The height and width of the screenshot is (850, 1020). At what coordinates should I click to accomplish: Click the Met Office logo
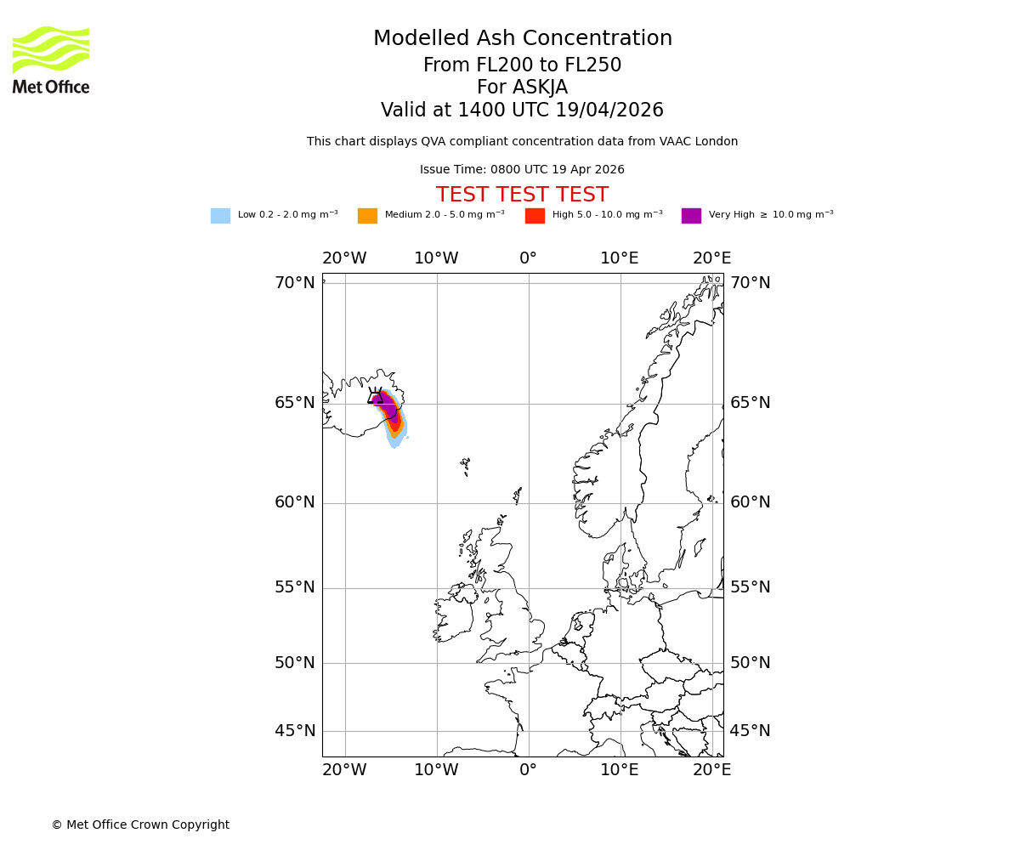[x=51, y=59]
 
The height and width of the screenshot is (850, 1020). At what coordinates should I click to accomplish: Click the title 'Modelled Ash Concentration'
[x=523, y=39]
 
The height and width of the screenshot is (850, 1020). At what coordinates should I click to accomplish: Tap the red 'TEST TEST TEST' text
[x=522, y=195]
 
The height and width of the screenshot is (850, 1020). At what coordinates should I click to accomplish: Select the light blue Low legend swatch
[x=220, y=216]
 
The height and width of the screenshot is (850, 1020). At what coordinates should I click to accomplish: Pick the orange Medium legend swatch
[x=367, y=216]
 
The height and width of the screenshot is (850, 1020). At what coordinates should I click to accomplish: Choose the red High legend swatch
[x=535, y=216]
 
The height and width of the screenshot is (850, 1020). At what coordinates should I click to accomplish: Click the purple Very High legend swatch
[x=691, y=216]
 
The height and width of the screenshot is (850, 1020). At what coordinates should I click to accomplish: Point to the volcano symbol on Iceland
[x=375, y=396]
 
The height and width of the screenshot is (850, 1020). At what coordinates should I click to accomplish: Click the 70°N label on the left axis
[x=294, y=283]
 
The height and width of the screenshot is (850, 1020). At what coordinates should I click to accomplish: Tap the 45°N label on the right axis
[x=751, y=731]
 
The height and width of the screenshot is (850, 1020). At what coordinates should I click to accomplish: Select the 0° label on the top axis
[x=528, y=258]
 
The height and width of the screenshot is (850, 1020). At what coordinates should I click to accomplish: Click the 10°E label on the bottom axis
[x=620, y=770]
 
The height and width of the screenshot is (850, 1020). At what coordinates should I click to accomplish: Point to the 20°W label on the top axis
[x=344, y=258]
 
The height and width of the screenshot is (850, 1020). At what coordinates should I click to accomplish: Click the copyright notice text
[x=140, y=825]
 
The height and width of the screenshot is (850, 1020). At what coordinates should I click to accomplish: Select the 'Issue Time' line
[x=522, y=170]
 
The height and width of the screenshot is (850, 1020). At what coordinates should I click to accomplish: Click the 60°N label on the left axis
[x=294, y=502]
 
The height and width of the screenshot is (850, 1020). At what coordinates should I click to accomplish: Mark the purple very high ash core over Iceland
[x=388, y=407]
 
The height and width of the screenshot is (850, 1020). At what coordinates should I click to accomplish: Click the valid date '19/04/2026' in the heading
[x=609, y=110]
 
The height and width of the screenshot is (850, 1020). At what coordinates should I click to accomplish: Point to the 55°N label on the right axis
[x=751, y=587]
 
